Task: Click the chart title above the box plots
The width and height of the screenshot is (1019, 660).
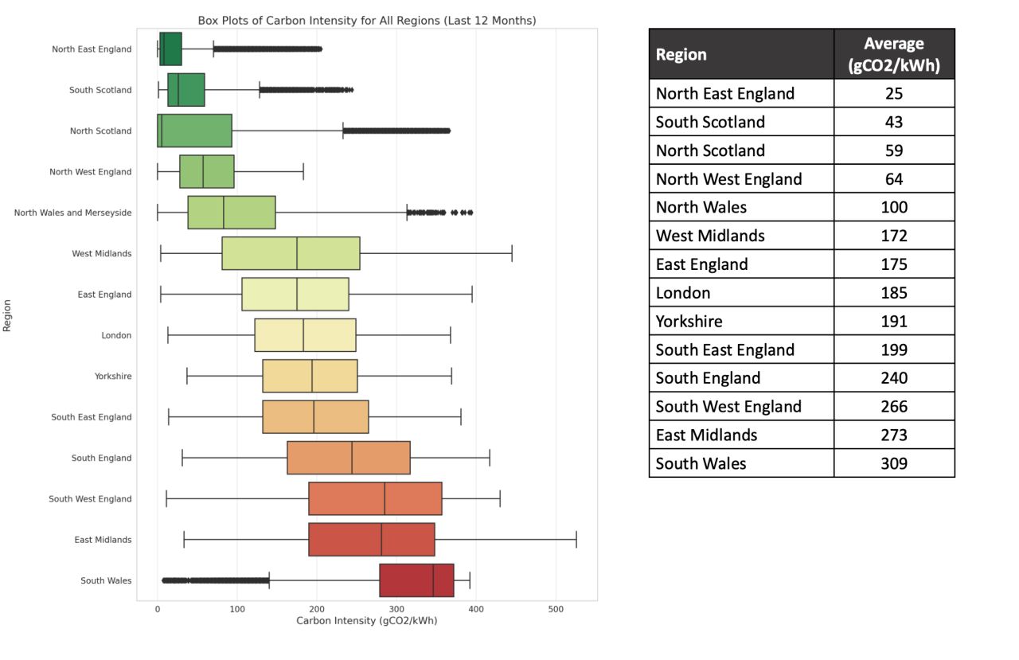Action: point(366,21)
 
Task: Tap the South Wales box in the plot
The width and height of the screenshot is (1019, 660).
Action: point(416,580)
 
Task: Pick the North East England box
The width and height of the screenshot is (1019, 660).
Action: point(170,49)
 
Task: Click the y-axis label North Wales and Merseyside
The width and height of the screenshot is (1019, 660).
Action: point(73,213)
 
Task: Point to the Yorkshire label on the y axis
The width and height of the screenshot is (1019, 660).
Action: point(113,376)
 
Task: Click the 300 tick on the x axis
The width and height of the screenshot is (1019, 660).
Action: point(396,609)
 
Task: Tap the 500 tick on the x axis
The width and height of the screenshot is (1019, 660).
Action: point(556,609)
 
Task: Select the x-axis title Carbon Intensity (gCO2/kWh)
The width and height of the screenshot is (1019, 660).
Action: point(366,620)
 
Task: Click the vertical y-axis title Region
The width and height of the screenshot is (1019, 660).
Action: point(7,314)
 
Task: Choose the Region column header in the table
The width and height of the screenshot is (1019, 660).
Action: point(681,55)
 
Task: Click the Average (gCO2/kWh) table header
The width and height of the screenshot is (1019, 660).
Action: point(893,54)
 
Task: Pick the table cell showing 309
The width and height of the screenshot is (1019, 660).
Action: point(894,463)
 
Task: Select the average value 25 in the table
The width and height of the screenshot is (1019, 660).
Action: point(894,94)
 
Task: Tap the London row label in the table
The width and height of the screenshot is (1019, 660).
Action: point(683,293)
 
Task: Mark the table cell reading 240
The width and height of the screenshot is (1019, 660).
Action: point(894,378)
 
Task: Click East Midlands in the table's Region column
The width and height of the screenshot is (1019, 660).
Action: point(706,435)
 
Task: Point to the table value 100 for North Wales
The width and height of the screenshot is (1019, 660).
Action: point(894,208)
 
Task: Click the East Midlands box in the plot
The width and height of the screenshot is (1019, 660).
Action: point(371,540)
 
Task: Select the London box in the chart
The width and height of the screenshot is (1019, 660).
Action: point(305,335)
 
